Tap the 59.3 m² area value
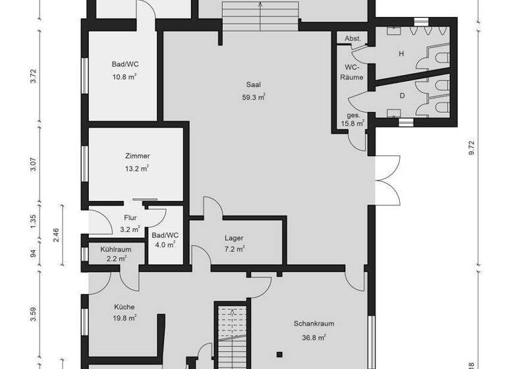click(x=254, y=97)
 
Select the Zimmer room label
click(x=137, y=156)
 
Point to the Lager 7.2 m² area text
click(x=234, y=249)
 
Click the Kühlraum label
click(x=116, y=250)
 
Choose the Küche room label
click(x=124, y=307)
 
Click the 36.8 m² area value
click(x=313, y=337)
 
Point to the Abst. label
click(x=353, y=39)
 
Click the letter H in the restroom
click(x=401, y=54)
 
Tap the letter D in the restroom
click(x=401, y=96)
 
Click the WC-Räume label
click(x=352, y=72)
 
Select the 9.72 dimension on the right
click(x=470, y=148)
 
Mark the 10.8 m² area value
click(x=124, y=76)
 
